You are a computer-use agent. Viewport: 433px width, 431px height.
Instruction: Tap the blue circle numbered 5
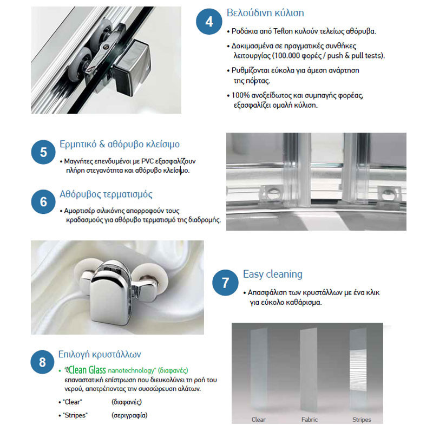pos(43,152)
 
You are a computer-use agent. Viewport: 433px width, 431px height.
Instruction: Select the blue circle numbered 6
pos(43,201)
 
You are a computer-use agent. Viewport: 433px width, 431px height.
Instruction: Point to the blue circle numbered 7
pos(225,283)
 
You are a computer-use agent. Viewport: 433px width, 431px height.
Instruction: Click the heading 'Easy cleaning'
pos(272,274)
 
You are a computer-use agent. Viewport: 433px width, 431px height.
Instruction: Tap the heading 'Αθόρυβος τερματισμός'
pos(106,194)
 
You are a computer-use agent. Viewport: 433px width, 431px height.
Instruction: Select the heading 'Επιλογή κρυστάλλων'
pos(100,354)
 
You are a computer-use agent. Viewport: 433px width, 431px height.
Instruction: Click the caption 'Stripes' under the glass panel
pos(362,420)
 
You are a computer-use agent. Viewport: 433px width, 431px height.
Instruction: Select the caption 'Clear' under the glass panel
pos(259,420)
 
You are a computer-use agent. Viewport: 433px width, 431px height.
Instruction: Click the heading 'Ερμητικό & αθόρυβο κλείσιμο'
pos(119,145)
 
